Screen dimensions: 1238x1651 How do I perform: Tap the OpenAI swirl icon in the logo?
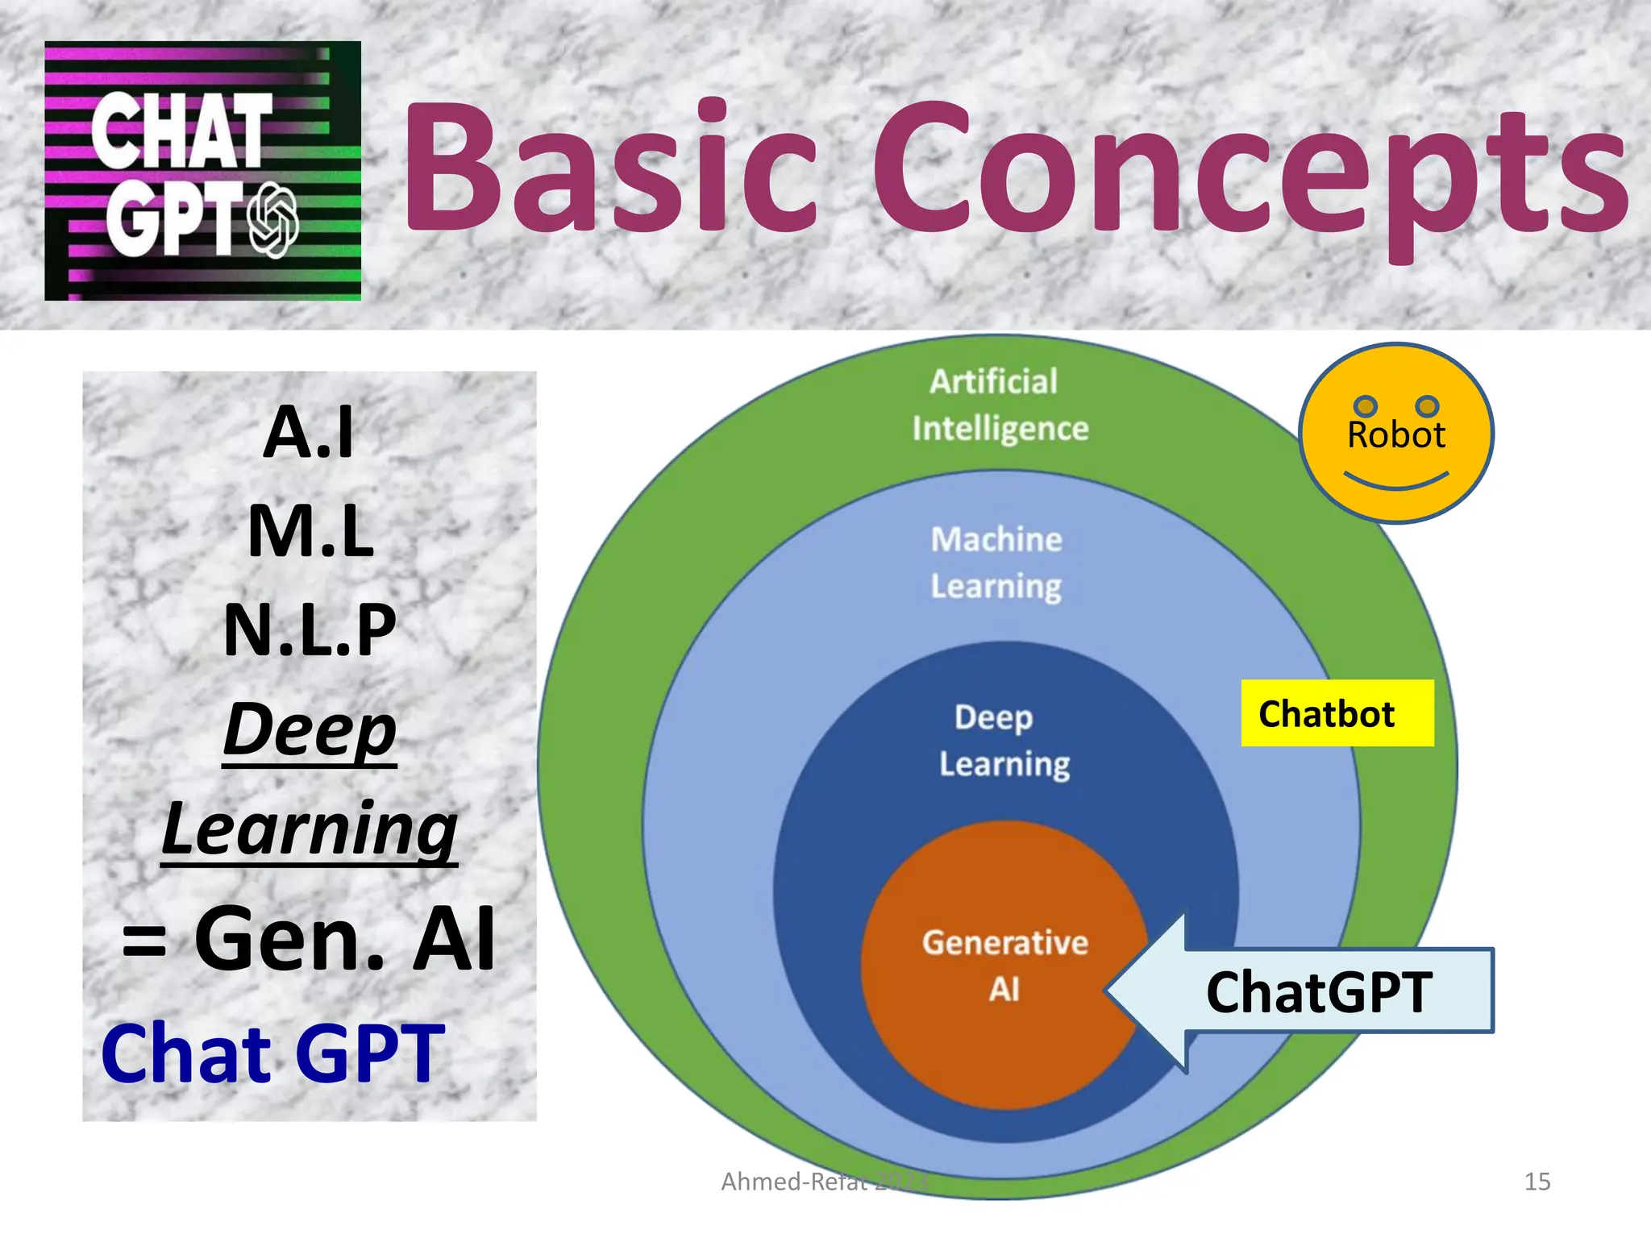(x=272, y=219)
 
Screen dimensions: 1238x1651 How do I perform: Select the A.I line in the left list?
(x=309, y=433)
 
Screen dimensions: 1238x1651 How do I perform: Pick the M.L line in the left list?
(x=310, y=531)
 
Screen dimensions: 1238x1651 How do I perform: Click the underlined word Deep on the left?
(x=310, y=729)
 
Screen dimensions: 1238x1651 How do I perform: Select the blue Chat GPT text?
(x=272, y=1053)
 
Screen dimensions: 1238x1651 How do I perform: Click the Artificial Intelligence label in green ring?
(x=1000, y=405)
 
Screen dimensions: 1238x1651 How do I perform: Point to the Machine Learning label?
(x=996, y=563)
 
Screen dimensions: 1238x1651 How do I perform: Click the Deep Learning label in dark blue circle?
(x=1004, y=740)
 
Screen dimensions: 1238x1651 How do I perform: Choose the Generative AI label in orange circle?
(x=1004, y=965)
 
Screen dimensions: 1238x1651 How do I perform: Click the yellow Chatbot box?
(x=1337, y=713)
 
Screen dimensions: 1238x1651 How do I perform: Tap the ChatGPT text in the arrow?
(x=1319, y=992)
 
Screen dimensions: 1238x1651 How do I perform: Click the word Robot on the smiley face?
(x=1395, y=435)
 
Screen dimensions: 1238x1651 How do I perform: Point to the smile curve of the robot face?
(x=1396, y=483)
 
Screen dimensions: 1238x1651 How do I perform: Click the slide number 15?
(x=1537, y=1182)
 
